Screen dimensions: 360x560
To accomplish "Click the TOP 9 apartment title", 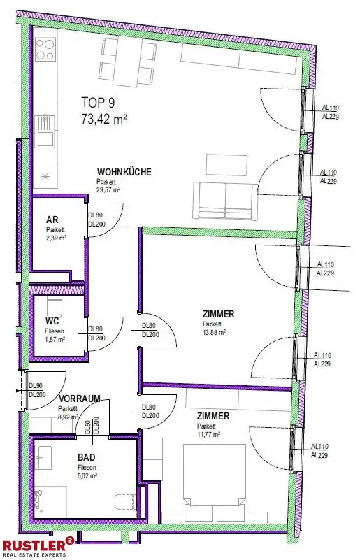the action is point(98,103).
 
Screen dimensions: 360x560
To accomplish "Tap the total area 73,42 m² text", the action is point(104,119).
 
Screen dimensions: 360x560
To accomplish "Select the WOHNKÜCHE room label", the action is point(124,172).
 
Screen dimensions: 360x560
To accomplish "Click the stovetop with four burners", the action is point(45,49).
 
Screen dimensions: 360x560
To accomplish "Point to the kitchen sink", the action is point(45,130).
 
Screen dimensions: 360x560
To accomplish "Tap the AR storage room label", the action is point(52,220).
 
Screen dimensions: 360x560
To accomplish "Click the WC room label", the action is point(52,320).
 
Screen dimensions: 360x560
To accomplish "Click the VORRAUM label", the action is point(80,399).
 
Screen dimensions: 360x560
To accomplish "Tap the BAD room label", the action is point(87,457).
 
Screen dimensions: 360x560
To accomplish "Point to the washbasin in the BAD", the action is point(45,457).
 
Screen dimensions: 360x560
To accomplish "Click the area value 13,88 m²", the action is point(214,333).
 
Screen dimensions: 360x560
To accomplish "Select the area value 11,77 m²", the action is point(208,434).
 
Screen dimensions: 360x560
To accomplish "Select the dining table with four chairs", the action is point(127,62).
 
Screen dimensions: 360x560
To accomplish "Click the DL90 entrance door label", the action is point(36,386).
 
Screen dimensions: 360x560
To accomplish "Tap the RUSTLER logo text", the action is point(34,545).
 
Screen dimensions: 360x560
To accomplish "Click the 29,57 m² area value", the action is point(108,190).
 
